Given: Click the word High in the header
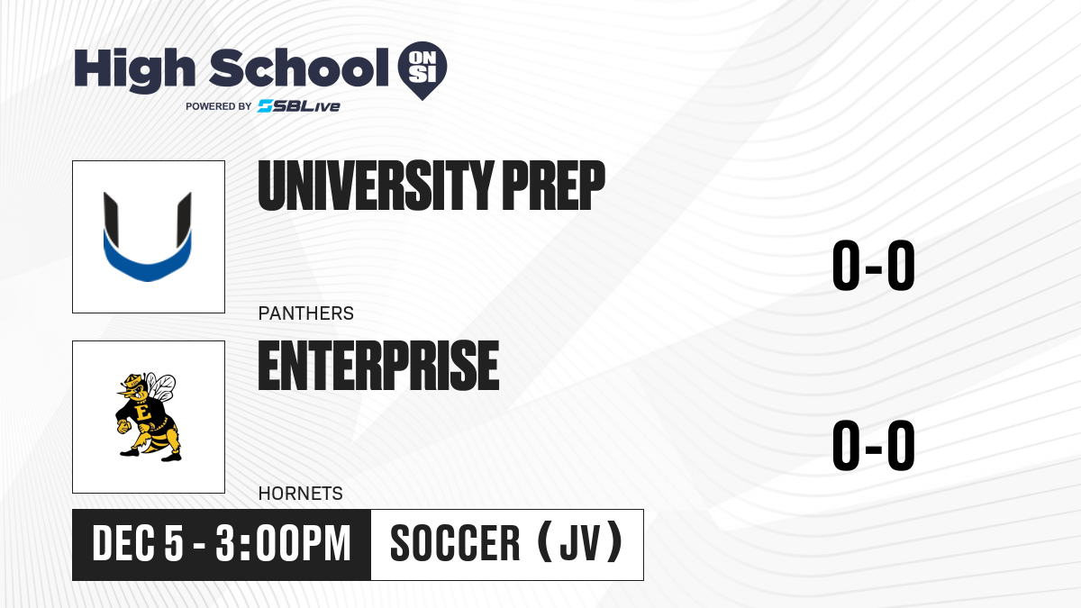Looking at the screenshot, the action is (x=134, y=70).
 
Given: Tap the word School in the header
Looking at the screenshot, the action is (x=299, y=68).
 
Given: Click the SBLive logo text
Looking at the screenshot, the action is (x=299, y=106).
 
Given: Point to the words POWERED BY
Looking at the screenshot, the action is (x=219, y=106).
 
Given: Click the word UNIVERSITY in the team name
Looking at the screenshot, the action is (x=376, y=186).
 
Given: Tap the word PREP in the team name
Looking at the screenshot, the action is (x=554, y=186).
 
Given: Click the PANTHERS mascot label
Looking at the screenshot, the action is (x=306, y=313).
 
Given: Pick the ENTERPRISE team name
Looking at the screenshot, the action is (x=379, y=366).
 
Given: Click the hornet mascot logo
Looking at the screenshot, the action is (x=147, y=417).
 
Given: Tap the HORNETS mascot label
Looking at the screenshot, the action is (x=300, y=494).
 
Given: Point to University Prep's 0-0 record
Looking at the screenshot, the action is (x=874, y=266).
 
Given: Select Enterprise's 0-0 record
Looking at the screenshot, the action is (x=874, y=445).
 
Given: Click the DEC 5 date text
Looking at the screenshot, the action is (x=138, y=544).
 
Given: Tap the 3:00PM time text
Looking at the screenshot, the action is (x=283, y=544).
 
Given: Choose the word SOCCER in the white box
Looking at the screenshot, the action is (x=455, y=544).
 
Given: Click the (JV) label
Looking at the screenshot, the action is (x=580, y=542).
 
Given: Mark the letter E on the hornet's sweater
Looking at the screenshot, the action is (x=143, y=413).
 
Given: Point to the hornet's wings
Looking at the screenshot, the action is (x=160, y=387).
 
